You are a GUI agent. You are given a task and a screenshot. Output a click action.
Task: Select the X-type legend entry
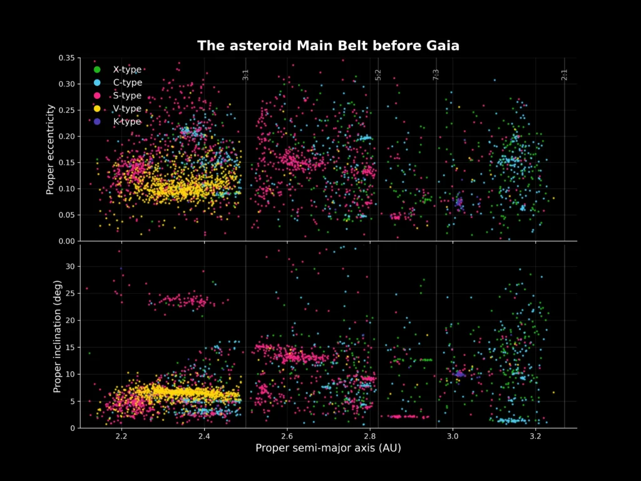pyautogui.click(x=127, y=70)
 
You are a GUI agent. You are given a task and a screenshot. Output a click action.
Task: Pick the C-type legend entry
pyautogui.click(x=127, y=83)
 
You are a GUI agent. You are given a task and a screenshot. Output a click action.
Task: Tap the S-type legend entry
pyautogui.click(x=127, y=96)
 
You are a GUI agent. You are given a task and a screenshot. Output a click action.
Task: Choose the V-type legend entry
pyautogui.click(x=127, y=109)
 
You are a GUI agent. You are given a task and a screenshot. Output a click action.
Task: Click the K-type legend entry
pyautogui.click(x=127, y=122)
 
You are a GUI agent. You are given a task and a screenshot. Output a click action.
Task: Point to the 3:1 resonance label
pyautogui.click(x=246, y=75)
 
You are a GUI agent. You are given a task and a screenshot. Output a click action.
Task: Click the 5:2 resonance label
pyautogui.click(x=378, y=75)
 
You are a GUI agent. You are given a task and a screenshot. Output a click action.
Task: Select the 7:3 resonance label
pyautogui.click(x=436, y=75)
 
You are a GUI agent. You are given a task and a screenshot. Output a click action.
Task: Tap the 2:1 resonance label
pyautogui.click(x=565, y=75)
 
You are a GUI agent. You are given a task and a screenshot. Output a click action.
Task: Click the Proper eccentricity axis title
pyautogui.click(x=50, y=149)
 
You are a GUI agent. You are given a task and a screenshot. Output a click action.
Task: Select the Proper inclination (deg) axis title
pyautogui.click(x=57, y=336)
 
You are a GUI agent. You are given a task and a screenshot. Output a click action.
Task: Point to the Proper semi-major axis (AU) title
pyautogui.click(x=328, y=448)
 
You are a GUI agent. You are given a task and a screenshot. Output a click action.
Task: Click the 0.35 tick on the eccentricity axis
pyautogui.click(x=66, y=58)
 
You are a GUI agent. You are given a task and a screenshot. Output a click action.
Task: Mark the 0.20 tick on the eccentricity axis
pyautogui.click(x=66, y=137)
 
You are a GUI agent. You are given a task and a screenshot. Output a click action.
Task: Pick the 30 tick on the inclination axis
pyautogui.click(x=70, y=266)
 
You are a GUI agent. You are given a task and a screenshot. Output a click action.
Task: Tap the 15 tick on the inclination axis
pyautogui.click(x=70, y=347)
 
